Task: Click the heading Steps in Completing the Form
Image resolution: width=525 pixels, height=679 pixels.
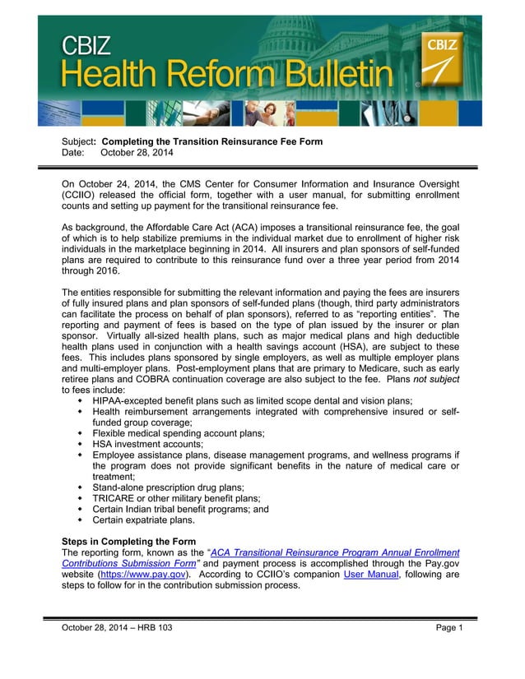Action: [128, 542]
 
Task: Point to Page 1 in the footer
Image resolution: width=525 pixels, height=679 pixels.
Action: [449, 628]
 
